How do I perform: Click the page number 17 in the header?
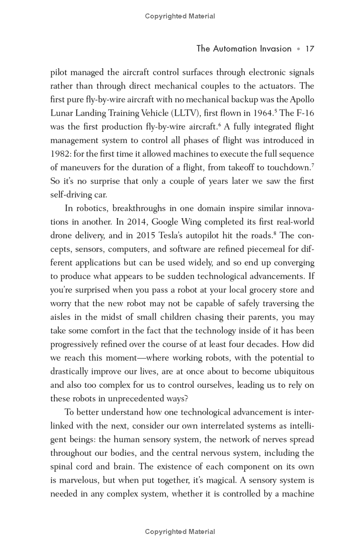(x=309, y=49)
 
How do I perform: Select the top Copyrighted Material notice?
(x=180, y=16)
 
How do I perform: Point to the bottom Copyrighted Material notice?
(x=180, y=532)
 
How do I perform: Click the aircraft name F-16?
(x=304, y=113)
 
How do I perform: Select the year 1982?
(x=60, y=154)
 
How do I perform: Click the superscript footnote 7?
(x=312, y=165)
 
